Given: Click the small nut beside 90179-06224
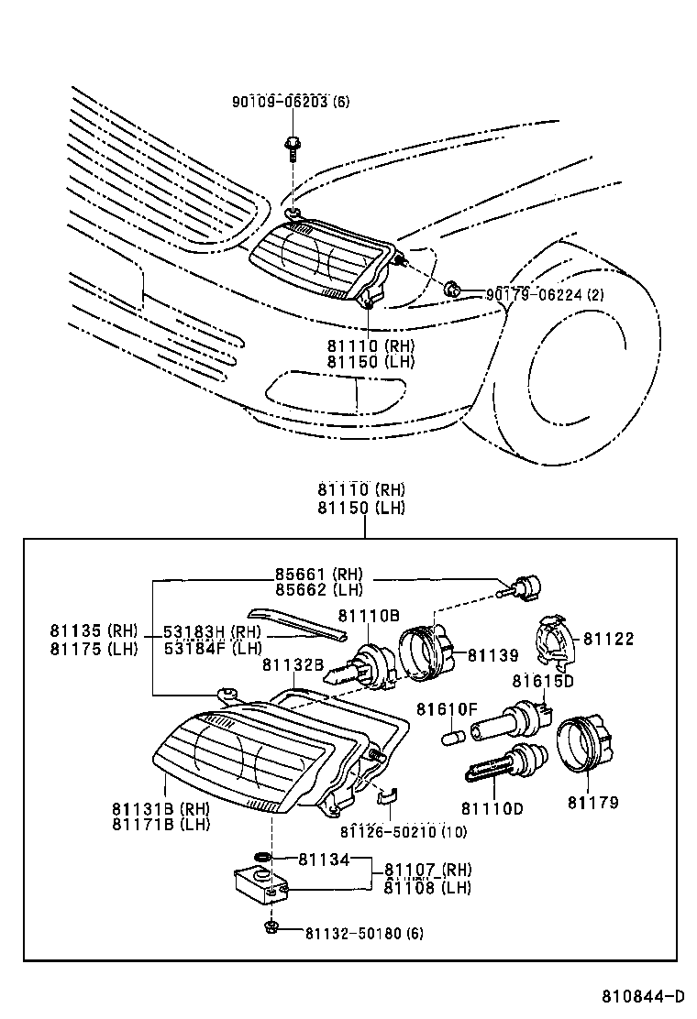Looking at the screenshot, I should point(451,290).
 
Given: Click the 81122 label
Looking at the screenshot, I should point(608,639).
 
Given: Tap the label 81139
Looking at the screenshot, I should point(493,655).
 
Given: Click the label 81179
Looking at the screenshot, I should point(592,803).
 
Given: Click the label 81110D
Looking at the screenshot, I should point(492,808).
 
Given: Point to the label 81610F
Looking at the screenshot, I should point(448,709).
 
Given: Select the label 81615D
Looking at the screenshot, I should point(543,681).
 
